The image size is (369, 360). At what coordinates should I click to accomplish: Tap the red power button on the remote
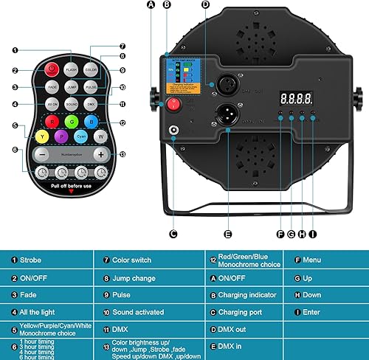pos(52,69)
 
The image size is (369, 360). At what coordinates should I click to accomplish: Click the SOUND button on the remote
pos(72,105)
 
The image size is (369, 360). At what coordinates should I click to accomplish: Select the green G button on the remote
pos(72,122)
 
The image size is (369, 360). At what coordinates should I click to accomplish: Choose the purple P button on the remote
pos(62,137)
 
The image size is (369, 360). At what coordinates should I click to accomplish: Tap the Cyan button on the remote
pos(81,137)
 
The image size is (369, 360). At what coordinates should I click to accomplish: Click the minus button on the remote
pos(43,154)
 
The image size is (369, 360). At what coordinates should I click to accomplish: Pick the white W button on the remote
pos(100,137)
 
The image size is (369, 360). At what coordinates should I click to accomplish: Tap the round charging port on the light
pos(175,131)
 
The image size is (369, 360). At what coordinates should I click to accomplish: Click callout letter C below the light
pos(173,234)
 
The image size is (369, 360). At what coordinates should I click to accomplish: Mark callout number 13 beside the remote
pos(122,155)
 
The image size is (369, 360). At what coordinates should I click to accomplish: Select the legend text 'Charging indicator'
pos(244,294)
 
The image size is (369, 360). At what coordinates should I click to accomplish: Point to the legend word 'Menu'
pos(313,260)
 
